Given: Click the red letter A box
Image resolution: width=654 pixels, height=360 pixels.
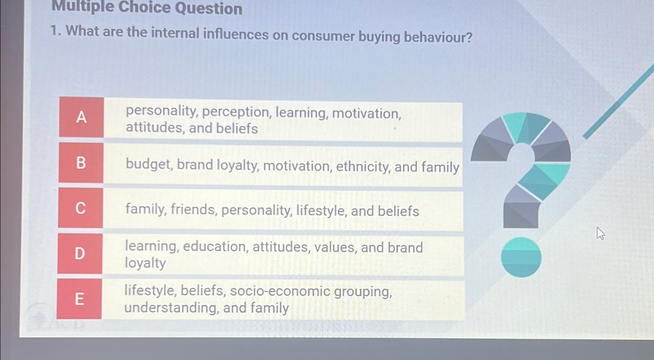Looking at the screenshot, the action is pyautogui.click(x=82, y=117).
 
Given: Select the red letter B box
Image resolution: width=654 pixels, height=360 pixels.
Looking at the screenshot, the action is pyautogui.click(x=81, y=162).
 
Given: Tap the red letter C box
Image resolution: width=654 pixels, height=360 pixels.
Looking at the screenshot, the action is pyautogui.click(x=80, y=208).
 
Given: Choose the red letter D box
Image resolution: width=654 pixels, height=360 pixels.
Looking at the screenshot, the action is pyautogui.click(x=80, y=253).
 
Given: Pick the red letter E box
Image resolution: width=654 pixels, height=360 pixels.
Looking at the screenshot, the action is pyautogui.click(x=79, y=299).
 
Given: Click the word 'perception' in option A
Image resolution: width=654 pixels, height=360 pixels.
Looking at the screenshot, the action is pyautogui.click(x=237, y=113).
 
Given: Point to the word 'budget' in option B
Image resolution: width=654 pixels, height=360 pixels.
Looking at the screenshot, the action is pyautogui.click(x=149, y=165).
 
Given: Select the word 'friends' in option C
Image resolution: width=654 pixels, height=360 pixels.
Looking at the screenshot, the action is pyautogui.click(x=194, y=209).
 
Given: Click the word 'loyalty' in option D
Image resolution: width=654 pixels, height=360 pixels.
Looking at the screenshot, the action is pyautogui.click(x=146, y=263).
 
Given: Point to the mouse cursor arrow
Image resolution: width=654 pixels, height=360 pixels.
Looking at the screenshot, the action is pyautogui.click(x=600, y=234).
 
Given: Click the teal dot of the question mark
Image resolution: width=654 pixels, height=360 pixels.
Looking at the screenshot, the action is pyautogui.click(x=521, y=257).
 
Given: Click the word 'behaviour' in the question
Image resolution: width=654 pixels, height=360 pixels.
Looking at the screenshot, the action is pyautogui.click(x=438, y=37).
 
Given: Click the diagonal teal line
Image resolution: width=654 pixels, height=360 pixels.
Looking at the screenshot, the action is pyautogui.click(x=618, y=102).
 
